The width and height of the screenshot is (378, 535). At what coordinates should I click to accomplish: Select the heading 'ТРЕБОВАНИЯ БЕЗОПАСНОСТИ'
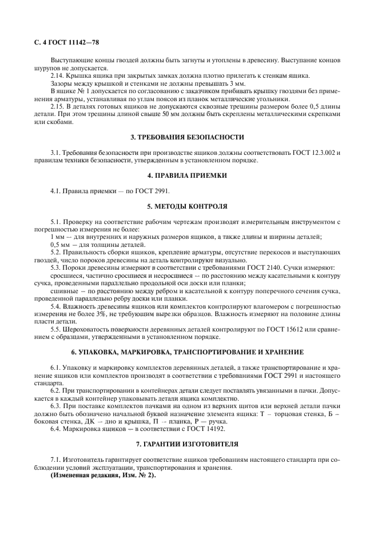[x=193, y=137]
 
